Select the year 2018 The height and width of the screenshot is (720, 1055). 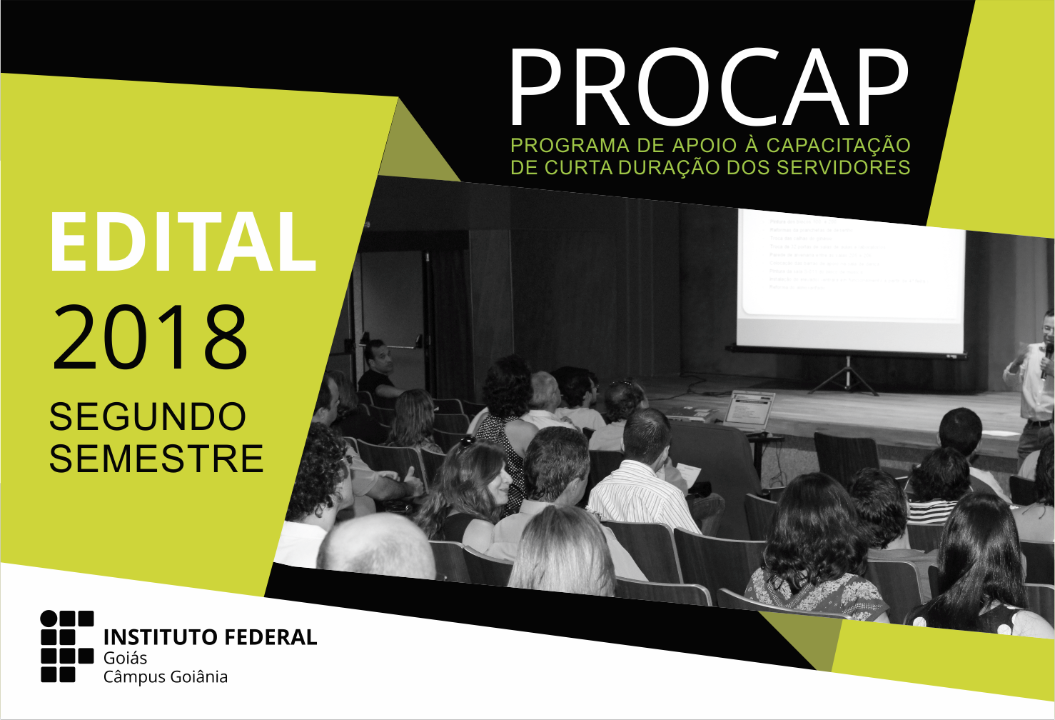click(x=150, y=337)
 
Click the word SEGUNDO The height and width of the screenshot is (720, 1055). click(x=148, y=417)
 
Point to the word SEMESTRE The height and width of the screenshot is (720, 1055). click(x=156, y=459)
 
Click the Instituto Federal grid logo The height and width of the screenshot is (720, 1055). click(x=67, y=646)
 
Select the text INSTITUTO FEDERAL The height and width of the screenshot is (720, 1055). click(x=210, y=637)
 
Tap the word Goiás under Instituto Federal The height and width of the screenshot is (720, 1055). click(x=125, y=658)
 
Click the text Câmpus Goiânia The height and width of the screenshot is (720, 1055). click(x=166, y=677)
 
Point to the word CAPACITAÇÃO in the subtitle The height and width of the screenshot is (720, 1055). click(x=838, y=146)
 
